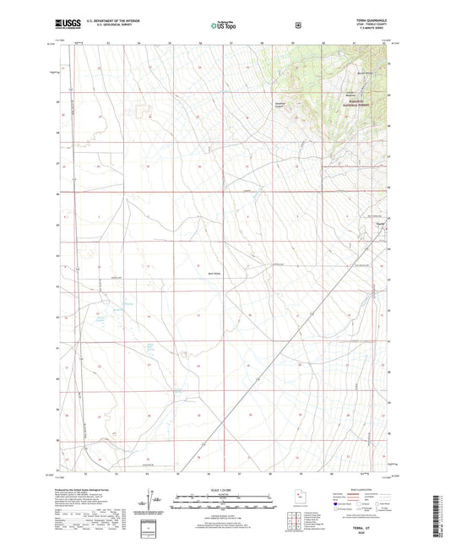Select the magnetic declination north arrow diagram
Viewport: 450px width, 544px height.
[x=145, y=507]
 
